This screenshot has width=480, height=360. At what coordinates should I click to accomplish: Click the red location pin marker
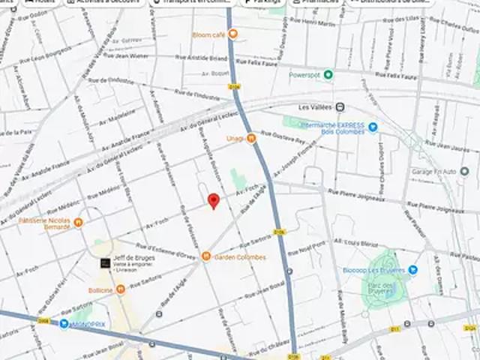click(214, 200)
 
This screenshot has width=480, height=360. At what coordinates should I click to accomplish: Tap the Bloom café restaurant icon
click(232, 34)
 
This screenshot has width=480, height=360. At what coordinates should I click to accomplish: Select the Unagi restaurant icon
click(251, 138)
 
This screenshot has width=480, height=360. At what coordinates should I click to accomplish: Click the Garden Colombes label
click(240, 257)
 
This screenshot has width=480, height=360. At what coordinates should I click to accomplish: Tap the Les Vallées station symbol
click(340, 106)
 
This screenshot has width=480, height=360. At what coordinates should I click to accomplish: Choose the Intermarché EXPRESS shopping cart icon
click(373, 127)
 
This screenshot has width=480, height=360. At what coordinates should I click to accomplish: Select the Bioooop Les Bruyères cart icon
click(412, 269)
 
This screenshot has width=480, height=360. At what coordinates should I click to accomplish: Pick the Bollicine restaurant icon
click(120, 289)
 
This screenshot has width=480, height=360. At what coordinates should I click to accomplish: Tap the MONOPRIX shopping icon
click(64, 323)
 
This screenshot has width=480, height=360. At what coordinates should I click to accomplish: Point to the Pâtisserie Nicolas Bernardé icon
click(79, 222)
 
